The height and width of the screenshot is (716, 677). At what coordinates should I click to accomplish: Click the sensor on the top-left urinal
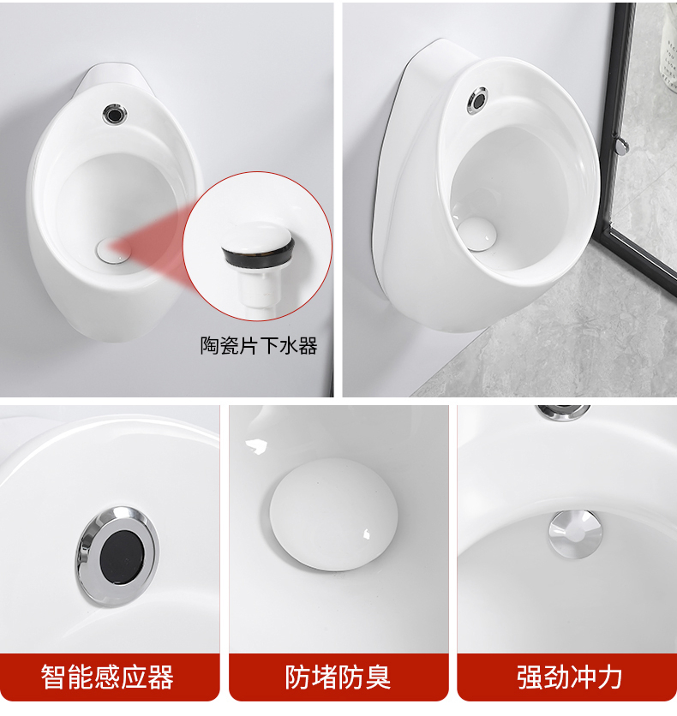pos(113,112)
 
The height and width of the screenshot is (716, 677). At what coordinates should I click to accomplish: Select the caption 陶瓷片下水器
pos(259,345)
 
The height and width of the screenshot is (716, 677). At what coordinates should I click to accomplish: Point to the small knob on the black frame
pos(622,145)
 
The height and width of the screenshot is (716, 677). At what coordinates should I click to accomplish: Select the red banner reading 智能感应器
pos(108,677)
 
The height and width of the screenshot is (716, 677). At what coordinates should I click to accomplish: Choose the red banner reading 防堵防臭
pos(338,677)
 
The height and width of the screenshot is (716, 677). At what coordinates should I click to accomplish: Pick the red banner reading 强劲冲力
pos(568,677)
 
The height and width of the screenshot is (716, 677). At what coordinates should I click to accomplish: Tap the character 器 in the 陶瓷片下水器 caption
pos(308,345)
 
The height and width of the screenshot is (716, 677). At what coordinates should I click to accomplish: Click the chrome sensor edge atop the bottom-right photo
pos(563,412)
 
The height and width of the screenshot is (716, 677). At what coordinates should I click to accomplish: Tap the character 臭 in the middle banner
pos(377,677)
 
